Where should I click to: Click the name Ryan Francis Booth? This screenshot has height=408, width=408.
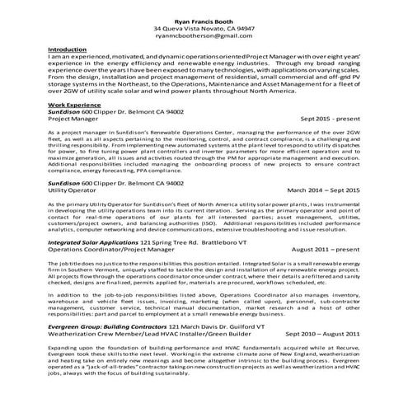(x=204, y=19)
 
